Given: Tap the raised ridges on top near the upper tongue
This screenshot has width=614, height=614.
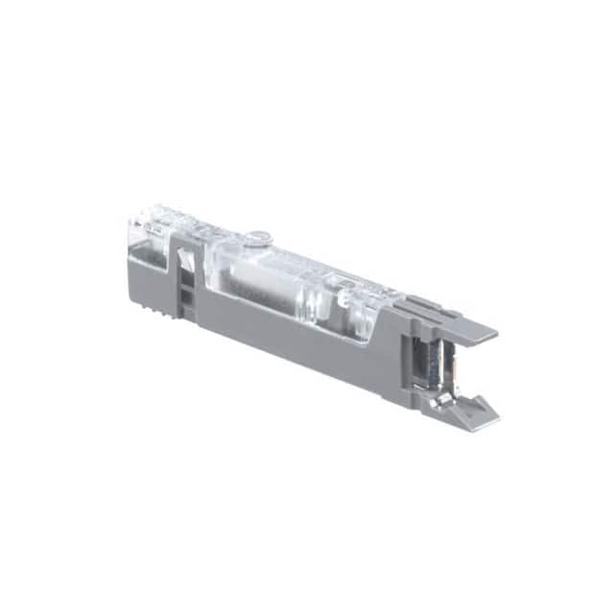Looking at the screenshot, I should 422,304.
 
